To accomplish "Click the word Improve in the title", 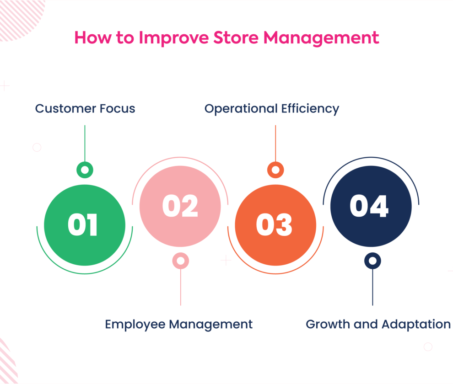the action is [x=173, y=38].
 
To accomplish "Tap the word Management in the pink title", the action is [x=321, y=38].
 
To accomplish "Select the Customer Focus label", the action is [x=85, y=108].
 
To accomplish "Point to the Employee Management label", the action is [x=178, y=325].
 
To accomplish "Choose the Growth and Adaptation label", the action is [x=378, y=324].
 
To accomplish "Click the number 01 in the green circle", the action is [x=83, y=225].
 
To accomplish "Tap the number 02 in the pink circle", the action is [x=180, y=206].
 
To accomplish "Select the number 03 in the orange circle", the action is [x=274, y=225].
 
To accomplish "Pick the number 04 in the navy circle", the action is [x=369, y=206].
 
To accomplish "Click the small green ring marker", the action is [x=85, y=170].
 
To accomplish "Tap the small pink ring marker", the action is [x=181, y=261].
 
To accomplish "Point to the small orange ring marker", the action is [x=275, y=170].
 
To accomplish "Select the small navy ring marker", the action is [x=372, y=261].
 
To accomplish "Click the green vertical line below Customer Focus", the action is [x=85, y=144].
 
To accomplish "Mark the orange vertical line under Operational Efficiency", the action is [x=275, y=144].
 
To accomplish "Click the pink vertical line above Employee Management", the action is [x=181, y=287].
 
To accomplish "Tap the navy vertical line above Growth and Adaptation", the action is [x=372, y=287].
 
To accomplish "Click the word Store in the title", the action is [x=236, y=38].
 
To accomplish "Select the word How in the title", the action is [x=93, y=38].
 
